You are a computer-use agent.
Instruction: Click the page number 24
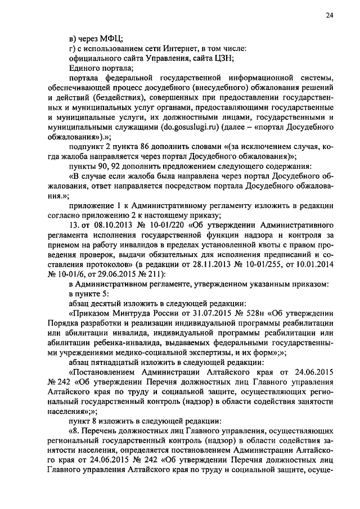tap(330, 16)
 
